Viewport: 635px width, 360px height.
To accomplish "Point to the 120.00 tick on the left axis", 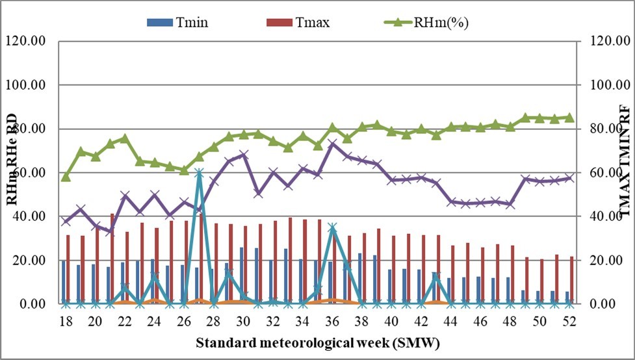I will coord(26,41).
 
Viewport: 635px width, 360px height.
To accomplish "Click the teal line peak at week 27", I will coord(199,173).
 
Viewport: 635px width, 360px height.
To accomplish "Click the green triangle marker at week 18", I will coord(66,177).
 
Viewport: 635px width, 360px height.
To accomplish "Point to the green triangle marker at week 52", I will coord(569,118).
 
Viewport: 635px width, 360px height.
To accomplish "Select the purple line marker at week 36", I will coord(333,142).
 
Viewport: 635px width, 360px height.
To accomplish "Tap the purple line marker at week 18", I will coord(66,222).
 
